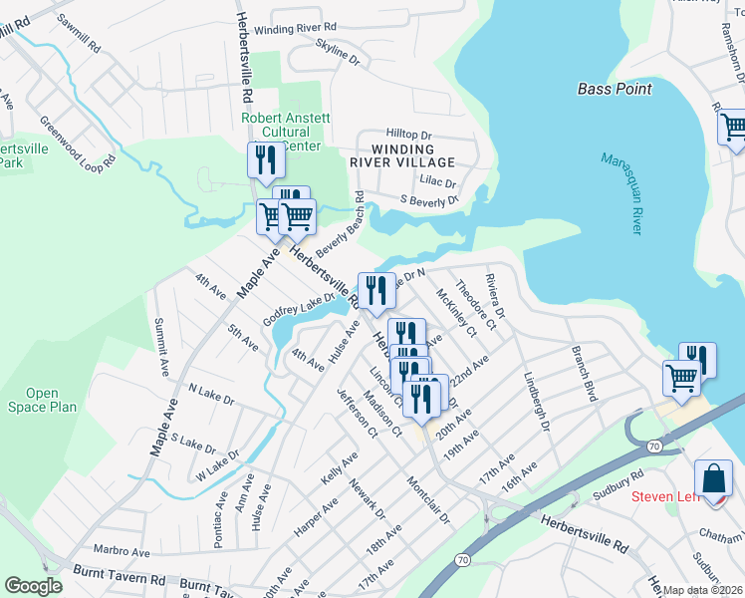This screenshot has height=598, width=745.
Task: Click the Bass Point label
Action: pos(615,89)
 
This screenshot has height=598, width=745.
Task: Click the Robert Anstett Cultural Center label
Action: pos(286,132)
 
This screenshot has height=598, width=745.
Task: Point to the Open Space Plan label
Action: pos(51,400)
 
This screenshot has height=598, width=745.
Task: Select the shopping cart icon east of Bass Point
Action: pos(733,128)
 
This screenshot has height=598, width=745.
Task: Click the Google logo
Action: pos(32,586)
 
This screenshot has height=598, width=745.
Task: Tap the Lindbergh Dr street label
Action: pos(537,401)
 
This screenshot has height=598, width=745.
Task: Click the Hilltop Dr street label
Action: pos(408,135)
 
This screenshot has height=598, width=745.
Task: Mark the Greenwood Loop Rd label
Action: pos(72,148)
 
